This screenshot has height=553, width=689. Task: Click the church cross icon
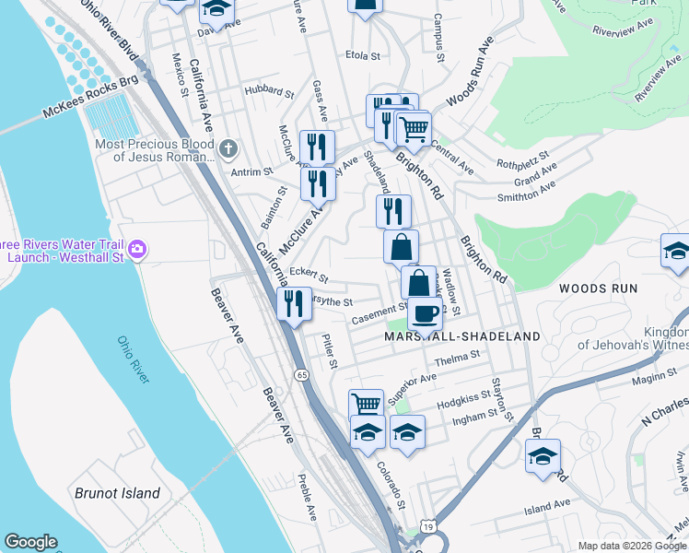(x=228, y=147)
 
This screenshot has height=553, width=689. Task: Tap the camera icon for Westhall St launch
(x=137, y=248)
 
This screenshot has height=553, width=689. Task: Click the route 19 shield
(x=430, y=525)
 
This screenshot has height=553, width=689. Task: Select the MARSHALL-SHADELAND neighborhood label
(x=461, y=336)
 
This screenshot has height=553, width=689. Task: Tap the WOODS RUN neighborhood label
(x=598, y=288)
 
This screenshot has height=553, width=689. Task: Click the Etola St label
(x=362, y=55)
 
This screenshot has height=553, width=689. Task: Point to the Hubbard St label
(x=268, y=92)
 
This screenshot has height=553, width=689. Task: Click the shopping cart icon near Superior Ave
(x=366, y=403)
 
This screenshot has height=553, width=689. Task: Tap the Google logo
(x=30, y=542)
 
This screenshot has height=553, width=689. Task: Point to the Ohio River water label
(x=134, y=359)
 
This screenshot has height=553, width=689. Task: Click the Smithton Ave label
(x=526, y=189)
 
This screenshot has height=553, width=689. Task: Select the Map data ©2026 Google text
(x=631, y=546)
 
